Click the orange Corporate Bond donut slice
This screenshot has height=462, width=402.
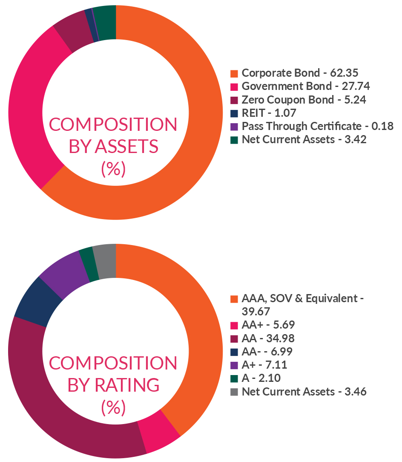(200, 141)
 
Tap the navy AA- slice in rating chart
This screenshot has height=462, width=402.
(36, 305)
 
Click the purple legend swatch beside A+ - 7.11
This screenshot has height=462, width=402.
(234, 365)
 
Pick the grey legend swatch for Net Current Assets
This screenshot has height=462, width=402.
(234, 391)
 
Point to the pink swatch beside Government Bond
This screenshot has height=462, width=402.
(234, 87)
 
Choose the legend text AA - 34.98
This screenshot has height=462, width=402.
(267, 338)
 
